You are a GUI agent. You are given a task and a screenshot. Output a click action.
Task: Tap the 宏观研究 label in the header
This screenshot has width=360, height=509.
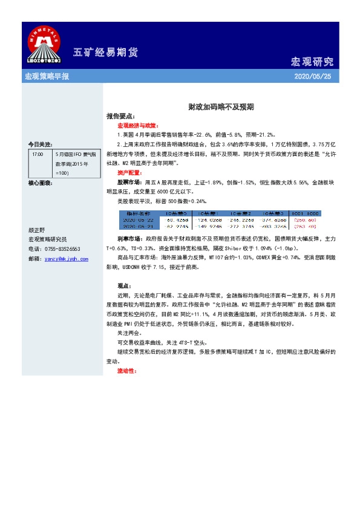click(x=312, y=62)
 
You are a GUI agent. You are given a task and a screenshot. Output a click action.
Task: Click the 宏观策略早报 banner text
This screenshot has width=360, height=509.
click(x=46, y=77)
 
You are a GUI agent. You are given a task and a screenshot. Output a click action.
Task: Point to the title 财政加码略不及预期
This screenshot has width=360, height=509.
click(x=220, y=106)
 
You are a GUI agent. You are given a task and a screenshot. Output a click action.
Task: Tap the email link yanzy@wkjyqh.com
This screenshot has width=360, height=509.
click(x=65, y=259)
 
